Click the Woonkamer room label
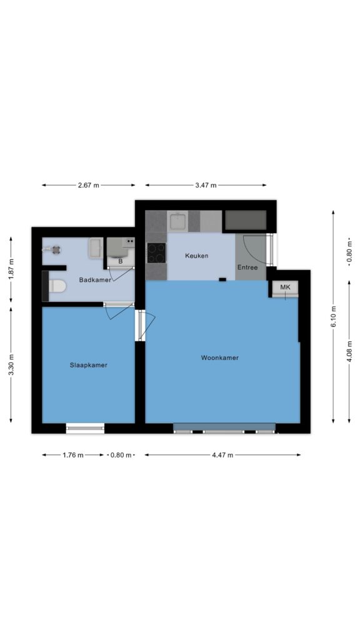(219, 358)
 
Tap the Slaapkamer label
(89, 365)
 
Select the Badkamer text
(95, 280)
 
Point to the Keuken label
(197, 256)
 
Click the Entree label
(247, 267)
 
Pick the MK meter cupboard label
(285, 287)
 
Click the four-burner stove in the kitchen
(156, 253)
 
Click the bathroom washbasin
(96, 248)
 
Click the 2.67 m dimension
(89, 185)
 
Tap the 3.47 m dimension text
(206, 185)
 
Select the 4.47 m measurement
(222, 455)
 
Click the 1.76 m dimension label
(73, 455)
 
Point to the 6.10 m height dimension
(334, 317)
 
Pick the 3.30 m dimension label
(11, 365)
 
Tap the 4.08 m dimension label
(349, 351)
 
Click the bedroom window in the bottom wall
(85, 428)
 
